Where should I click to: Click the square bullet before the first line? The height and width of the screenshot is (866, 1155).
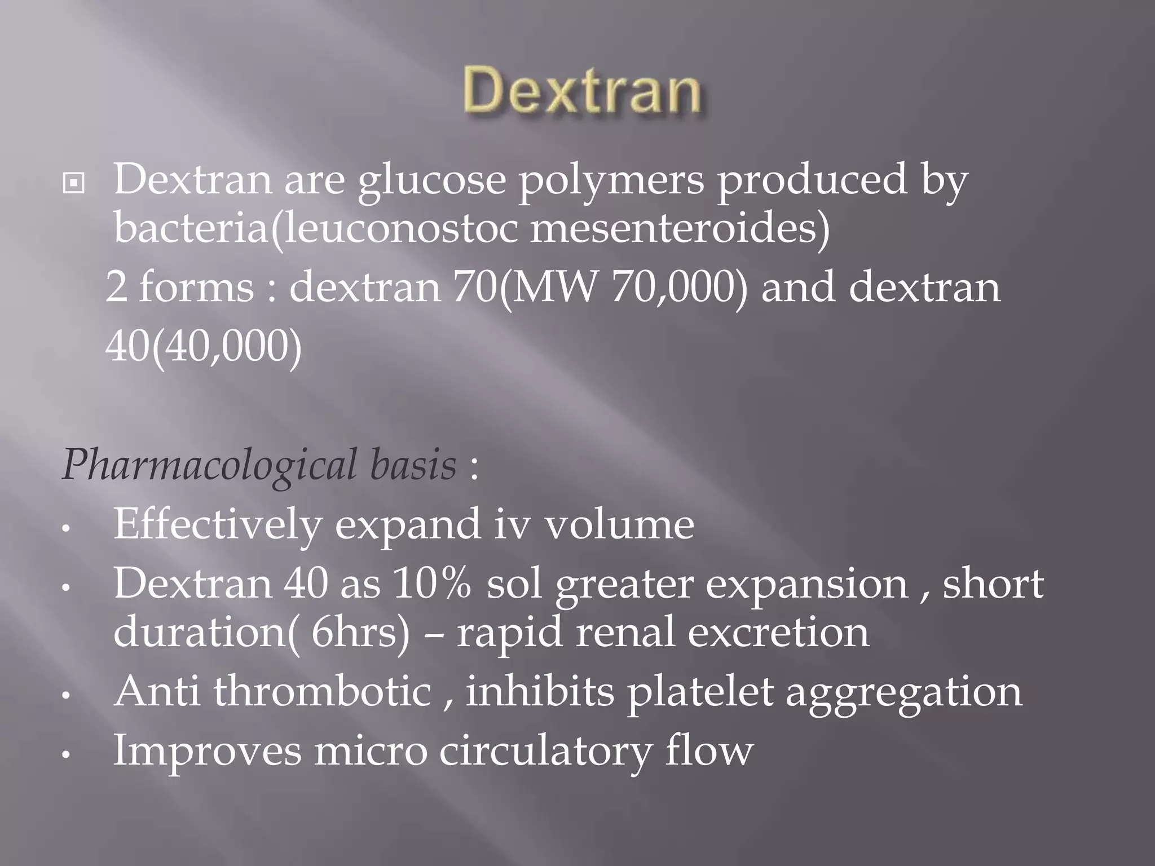[74, 183]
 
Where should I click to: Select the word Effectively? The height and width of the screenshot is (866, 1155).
[217, 524]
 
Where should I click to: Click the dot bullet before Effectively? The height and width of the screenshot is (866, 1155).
[67, 529]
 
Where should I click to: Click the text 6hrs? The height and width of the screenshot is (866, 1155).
[354, 632]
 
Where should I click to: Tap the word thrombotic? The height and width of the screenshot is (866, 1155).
[322, 691]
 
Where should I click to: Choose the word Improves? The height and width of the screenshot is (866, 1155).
[208, 752]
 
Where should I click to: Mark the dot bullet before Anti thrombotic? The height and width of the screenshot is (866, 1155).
[67, 696]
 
